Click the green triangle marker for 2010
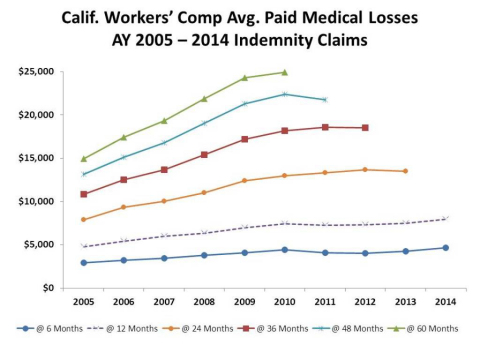click(x=285, y=72)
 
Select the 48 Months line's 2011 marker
click(x=325, y=100)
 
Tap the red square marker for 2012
click(x=365, y=128)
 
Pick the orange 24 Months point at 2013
click(x=405, y=171)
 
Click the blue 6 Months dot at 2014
click(x=446, y=248)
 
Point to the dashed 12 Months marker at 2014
click(x=445, y=219)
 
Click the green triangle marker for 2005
click(x=84, y=159)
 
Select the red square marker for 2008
click(x=204, y=155)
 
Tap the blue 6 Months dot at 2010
click(x=285, y=250)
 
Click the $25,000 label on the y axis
click(x=36, y=72)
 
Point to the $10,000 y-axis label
click(x=36, y=201)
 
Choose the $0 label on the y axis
click(x=48, y=288)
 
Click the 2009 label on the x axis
click(x=245, y=302)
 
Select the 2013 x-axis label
click(x=406, y=302)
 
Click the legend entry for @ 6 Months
click(x=50, y=329)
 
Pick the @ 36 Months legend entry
click(x=273, y=329)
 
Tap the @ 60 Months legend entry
click(x=423, y=329)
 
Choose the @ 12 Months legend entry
click(x=122, y=329)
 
